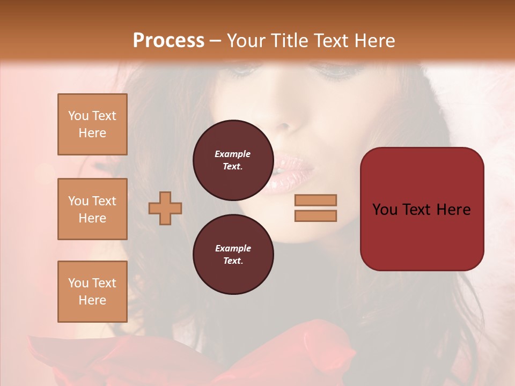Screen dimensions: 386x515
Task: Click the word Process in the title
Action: coord(168,41)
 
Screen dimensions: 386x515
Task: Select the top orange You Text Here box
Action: coord(92,124)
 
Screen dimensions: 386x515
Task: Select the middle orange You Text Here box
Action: coord(92,209)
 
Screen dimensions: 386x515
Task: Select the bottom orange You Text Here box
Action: coord(92,292)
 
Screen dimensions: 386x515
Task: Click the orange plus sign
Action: coord(165,208)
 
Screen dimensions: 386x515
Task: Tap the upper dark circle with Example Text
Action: coord(233,160)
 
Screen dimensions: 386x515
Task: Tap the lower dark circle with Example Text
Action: coord(233,254)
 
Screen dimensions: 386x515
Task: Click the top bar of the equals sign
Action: coord(315,200)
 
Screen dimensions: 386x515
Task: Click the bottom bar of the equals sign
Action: coord(315,216)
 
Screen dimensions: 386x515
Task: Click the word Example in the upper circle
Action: coord(233,154)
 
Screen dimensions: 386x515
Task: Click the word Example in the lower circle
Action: coord(233,248)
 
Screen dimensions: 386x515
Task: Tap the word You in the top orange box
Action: coord(77,116)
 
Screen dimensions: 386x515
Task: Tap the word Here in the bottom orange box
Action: coord(92,300)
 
